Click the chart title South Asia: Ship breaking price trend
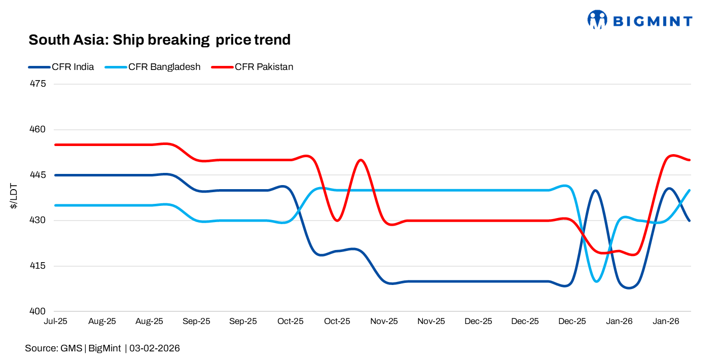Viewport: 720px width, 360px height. pyautogui.click(x=159, y=40)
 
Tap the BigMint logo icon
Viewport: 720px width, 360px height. pyautogui.click(x=597, y=20)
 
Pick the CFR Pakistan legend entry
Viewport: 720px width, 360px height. pyautogui.click(x=264, y=67)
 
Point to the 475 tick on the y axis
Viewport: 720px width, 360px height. pyautogui.click(x=39, y=84)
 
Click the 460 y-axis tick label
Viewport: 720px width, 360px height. pyautogui.click(x=39, y=129)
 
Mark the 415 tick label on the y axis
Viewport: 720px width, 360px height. pyautogui.click(x=39, y=266)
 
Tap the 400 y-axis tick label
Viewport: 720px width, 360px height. pyautogui.click(x=39, y=311)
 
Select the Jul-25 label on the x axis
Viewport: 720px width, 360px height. pyautogui.click(x=56, y=321)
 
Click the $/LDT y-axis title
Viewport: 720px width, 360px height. pyautogui.click(x=14, y=197)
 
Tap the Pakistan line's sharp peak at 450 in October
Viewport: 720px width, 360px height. pyautogui.click(x=360, y=160)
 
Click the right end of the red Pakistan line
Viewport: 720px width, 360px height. pyautogui.click(x=690, y=160)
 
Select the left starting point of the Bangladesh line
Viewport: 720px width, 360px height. pyautogui.click(x=56, y=205)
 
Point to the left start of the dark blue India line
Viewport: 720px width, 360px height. pyautogui.click(x=56, y=175)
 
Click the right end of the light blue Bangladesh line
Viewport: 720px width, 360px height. pyautogui.click(x=690, y=190)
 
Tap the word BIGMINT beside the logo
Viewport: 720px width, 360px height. pyautogui.click(x=653, y=21)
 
